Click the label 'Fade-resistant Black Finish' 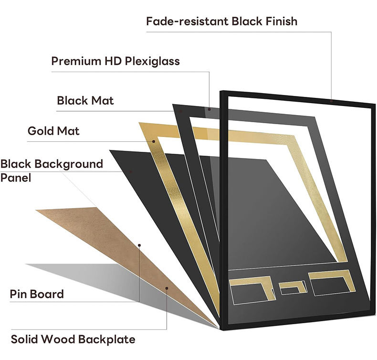[x=222, y=21]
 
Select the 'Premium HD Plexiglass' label [x=115, y=61]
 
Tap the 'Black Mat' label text [x=85, y=101]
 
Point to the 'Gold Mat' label [x=53, y=131]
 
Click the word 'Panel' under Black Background [x=16, y=178]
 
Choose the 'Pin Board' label [x=37, y=294]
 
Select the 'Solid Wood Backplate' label [x=73, y=339]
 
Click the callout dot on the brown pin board [x=139, y=245]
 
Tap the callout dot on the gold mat [x=154, y=141]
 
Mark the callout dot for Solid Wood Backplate [x=167, y=288]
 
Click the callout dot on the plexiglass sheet [x=209, y=109]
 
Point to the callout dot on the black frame [x=331, y=101]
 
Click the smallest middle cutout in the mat [x=293, y=287]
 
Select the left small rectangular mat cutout [x=252, y=290]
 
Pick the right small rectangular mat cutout [x=332, y=283]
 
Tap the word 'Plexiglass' [x=152, y=61]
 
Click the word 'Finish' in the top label [x=281, y=21]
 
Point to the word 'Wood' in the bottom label [x=60, y=339]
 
